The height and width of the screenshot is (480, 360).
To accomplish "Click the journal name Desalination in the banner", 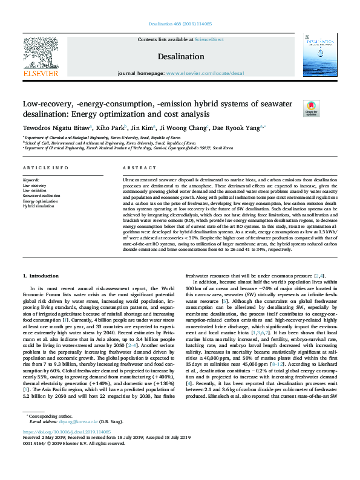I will [x=180, y=56].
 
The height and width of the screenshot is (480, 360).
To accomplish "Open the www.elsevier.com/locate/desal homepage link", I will [x=205, y=73].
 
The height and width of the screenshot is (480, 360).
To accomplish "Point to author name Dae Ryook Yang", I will [x=240, y=128].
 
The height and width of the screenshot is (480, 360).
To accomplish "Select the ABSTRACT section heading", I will [x=136, y=167].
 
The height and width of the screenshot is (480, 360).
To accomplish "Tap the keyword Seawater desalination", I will [x=42, y=196].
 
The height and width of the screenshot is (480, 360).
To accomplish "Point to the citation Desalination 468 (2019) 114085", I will [x=180, y=25].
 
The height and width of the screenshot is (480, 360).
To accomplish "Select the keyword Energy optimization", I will [x=41, y=201].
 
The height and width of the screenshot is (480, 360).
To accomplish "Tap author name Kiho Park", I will [x=110, y=128].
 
